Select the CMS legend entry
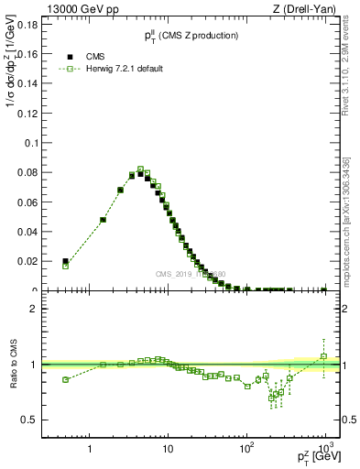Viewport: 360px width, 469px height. tap(96, 56)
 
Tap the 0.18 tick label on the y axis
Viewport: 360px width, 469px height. tap(27, 25)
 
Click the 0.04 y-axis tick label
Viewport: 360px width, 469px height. tap(27, 232)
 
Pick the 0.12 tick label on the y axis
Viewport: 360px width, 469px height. tap(27, 114)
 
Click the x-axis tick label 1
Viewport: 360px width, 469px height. tap(90, 450)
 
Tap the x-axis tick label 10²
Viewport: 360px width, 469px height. tap(246, 449)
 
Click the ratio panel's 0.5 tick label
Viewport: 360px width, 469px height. tap(29, 420)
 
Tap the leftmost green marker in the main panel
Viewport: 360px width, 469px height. tap(65, 266)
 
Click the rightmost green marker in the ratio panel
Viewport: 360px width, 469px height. tap(323, 355)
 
